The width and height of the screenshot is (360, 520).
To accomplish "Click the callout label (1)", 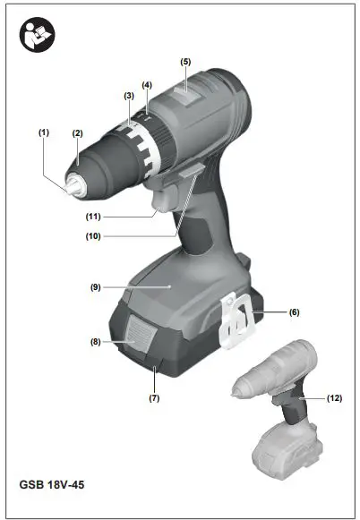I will coord(42,132).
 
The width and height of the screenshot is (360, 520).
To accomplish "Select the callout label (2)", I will coord(78,133).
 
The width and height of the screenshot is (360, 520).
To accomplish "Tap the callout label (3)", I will coord(129,95).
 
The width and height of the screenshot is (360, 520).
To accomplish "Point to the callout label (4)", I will coord(147,85).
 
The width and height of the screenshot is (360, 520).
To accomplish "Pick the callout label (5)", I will coord(185,61).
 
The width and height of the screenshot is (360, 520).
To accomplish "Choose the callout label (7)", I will coord(154,396).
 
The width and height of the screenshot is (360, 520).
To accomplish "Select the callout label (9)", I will coord(94,287).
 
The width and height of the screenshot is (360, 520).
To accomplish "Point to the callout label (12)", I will coord(334,396).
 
